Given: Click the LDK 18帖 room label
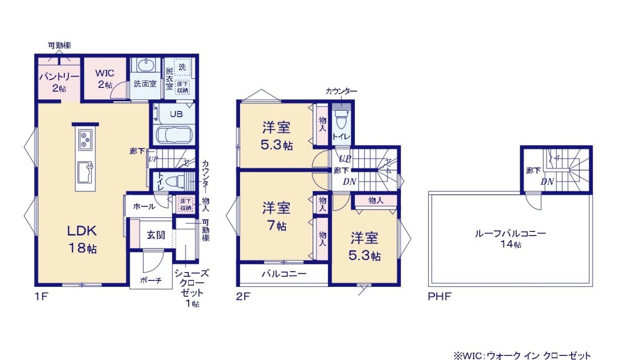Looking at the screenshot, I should point(82,239).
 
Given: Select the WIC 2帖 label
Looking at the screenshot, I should point(104,78).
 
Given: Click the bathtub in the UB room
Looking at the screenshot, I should point(174,136).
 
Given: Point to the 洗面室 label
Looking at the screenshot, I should point(145,84).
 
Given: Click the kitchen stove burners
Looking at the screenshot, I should point(85,138).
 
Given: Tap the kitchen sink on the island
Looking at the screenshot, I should point(85,170).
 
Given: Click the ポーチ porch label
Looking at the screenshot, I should point(151,280).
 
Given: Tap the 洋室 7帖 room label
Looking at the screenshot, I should point(276,216).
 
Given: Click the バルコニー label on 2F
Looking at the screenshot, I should point(283,274).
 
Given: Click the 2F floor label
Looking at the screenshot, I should point(243,297).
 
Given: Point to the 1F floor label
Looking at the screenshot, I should point(41,297).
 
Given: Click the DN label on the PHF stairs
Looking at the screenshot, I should point(547,182).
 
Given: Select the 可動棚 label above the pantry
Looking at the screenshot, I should point(59,46).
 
